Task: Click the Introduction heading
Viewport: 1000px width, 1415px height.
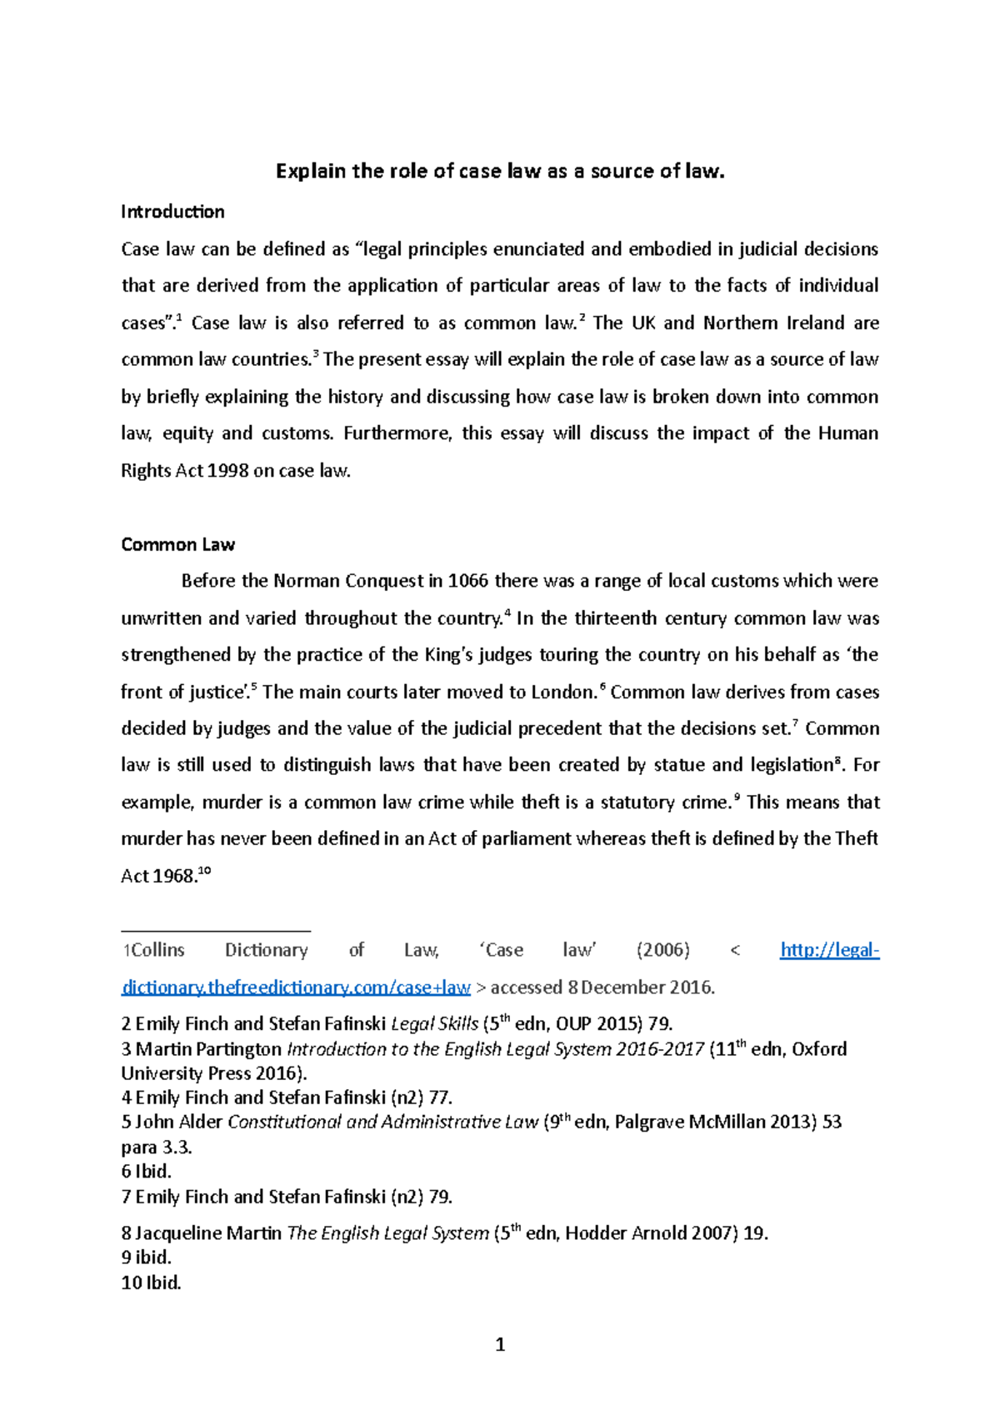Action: click(x=172, y=212)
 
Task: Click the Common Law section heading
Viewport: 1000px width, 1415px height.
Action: click(x=177, y=544)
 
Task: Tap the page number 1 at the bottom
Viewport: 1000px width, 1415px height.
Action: click(x=500, y=1344)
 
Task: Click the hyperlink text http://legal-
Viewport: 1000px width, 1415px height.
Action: click(x=829, y=950)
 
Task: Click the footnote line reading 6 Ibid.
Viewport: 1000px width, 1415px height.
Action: click(x=147, y=1172)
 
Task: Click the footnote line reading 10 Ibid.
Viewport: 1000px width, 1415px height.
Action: click(x=151, y=1282)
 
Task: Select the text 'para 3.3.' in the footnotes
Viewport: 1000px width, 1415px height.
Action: click(x=157, y=1147)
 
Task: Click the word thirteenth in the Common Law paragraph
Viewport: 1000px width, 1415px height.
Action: click(x=616, y=618)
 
